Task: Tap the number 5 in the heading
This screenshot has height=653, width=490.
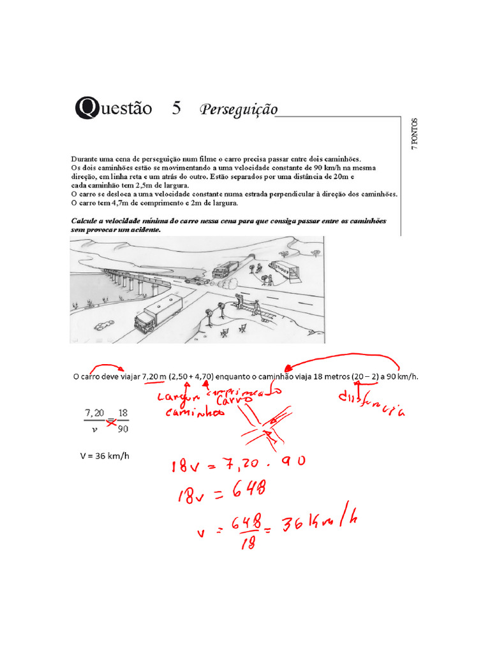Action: pyautogui.click(x=176, y=108)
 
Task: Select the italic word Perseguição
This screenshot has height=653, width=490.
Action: pyautogui.click(x=239, y=109)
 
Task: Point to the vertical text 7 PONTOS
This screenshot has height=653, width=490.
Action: pyautogui.click(x=414, y=133)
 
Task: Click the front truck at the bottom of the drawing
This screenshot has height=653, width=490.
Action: pyautogui.click(x=158, y=313)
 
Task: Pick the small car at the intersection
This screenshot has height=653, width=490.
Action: pyautogui.click(x=198, y=279)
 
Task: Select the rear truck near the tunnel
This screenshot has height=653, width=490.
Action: pyautogui.click(x=226, y=270)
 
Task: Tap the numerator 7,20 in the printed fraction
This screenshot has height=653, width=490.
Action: pyautogui.click(x=94, y=413)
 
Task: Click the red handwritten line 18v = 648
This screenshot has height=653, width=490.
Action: pyautogui.click(x=218, y=490)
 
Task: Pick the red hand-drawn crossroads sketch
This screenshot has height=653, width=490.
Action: pyautogui.click(x=266, y=427)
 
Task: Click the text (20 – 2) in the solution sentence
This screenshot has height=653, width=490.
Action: pyautogui.click(x=366, y=376)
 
